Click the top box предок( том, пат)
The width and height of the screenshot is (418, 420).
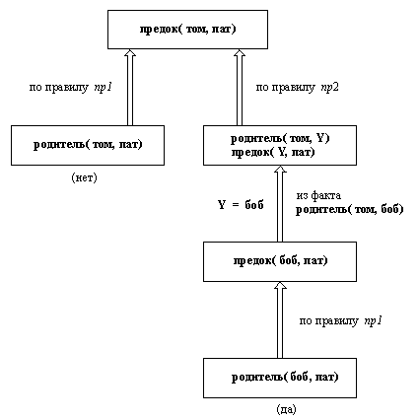pos(187,30)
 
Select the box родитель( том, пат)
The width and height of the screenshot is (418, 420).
pos(88,144)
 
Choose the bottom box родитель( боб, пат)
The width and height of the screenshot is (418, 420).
pos(280,377)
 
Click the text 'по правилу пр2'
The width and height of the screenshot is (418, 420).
pos(297,87)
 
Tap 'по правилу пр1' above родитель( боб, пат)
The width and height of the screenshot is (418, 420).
pos(340,320)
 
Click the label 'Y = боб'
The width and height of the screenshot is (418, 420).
pos(240,205)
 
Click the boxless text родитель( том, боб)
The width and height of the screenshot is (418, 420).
pos(349,209)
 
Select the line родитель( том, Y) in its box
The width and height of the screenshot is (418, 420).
pos(280,138)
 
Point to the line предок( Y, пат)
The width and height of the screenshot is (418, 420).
pos(274,152)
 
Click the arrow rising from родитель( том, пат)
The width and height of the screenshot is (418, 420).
pos(129,89)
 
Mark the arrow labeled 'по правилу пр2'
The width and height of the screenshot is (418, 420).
pos(241,89)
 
